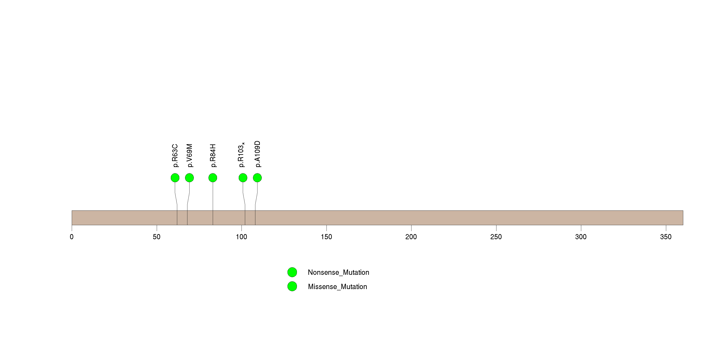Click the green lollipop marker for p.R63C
click(x=175, y=178)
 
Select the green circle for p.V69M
click(x=189, y=178)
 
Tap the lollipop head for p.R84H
click(x=213, y=178)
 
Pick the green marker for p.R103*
click(x=243, y=178)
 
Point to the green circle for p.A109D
click(x=257, y=178)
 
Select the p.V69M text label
click(x=190, y=156)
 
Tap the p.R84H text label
click(x=213, y=156)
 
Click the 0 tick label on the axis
click(x=72, y=237)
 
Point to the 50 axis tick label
click(x=157, y=237)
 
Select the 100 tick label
click(x=242, y=237)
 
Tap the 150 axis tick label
click(x=326, y=237)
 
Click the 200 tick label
click(x=411, y=237)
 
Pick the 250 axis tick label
click(x=496, y=237)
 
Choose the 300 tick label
click(x=581, y=237)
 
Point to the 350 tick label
click(x=666, y=237)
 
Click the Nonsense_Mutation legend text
click(x=338, y=272)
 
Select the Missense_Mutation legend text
click(x=337, y=287)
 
